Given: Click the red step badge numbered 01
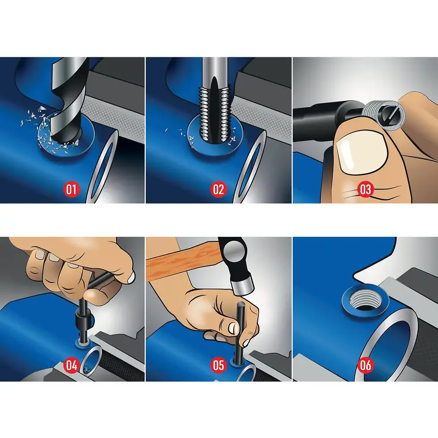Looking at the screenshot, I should coord(72,189).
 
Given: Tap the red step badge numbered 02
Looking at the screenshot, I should coord(218,189).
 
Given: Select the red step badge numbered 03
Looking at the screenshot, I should coord(366,189).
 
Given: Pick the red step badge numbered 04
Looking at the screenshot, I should coord(72,365).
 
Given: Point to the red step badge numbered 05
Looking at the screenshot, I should coord(218,365).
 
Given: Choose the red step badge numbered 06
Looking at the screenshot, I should coord(366,365).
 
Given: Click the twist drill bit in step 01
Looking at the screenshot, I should coord(67,103).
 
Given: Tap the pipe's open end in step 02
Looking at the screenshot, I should coord(246,170).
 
